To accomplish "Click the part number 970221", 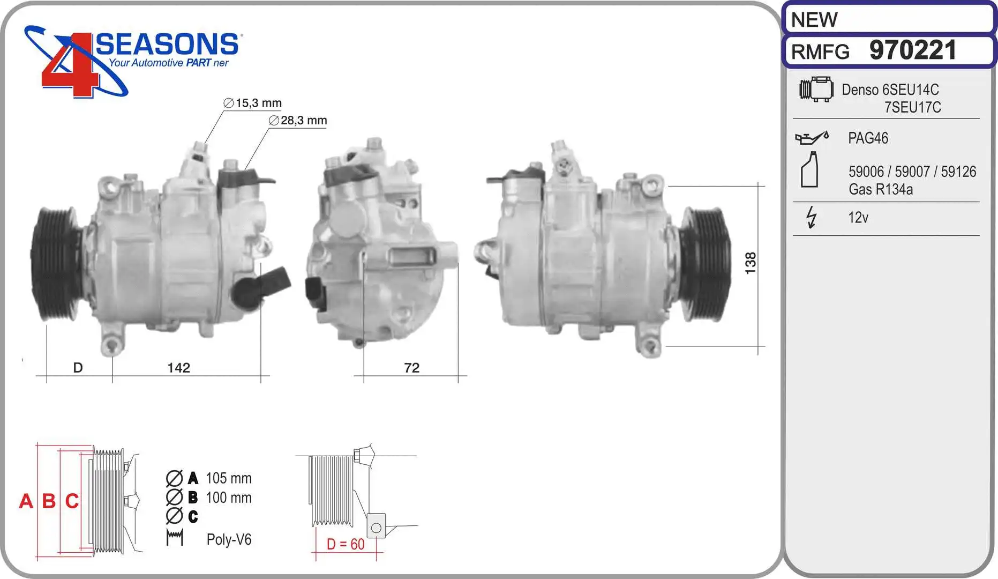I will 912,50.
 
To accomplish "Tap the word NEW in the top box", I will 814,20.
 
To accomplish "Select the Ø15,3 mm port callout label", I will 252,103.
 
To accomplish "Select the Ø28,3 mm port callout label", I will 298,121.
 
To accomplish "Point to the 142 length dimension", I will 178,368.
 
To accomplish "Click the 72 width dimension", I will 411,368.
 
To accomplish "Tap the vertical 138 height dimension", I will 751,263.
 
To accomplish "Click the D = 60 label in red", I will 345,544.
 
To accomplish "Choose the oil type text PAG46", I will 868,138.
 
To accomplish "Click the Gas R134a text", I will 880,189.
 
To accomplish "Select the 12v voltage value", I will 858,218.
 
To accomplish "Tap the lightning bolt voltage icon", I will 811,217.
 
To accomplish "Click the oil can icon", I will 811,138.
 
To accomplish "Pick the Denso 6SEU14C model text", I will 890,90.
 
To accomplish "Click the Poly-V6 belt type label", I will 229,539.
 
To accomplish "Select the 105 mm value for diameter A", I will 228,478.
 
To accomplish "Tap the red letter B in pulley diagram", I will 49,501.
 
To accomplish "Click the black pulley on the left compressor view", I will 54,265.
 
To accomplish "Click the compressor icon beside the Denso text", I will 816,89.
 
